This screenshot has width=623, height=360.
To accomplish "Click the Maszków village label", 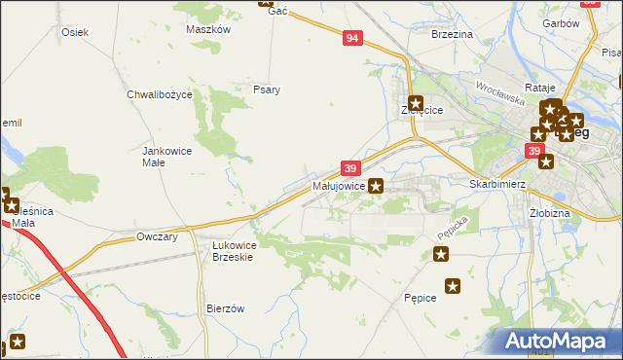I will pos(207,29).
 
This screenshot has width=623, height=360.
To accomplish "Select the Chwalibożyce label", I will pos(160,94).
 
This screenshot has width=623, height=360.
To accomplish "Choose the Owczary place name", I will pos(157,236).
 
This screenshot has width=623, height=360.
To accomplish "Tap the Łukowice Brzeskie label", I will pos(234,251).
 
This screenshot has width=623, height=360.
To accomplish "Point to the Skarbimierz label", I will pos(497,184).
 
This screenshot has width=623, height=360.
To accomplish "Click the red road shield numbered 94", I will pos(352,38).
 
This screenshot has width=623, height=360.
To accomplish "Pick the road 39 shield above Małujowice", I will pos(351,168).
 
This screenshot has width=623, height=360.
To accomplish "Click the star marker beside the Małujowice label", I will pos(377,185).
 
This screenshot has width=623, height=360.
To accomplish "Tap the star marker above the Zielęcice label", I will pos(416,102).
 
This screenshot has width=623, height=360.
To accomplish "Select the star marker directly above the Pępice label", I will pos(453,285).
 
